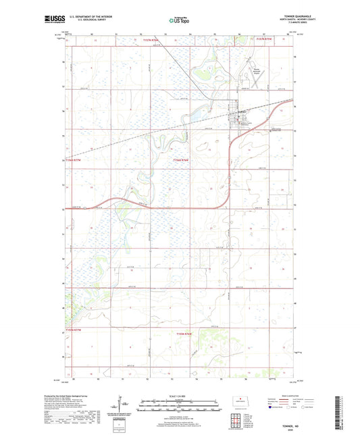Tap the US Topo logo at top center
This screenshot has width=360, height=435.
point(179,20)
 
